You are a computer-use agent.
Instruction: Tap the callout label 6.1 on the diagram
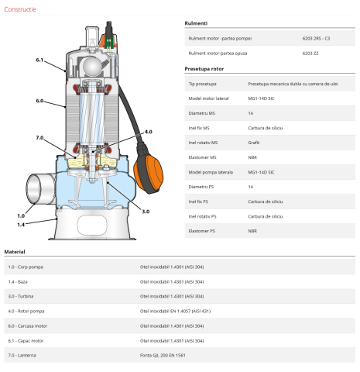tap(40, 60)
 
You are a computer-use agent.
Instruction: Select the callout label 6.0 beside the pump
tap(40, 101)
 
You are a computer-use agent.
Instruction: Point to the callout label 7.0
tap(40, 137)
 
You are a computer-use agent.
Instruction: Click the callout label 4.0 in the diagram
tap(148, 132)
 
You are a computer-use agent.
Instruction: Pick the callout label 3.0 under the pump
tap(145, 211)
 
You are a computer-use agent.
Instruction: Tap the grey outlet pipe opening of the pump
tap(34, 190)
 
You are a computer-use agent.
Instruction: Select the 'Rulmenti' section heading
tap(196, 22)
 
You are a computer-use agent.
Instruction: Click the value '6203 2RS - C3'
tap(315, 37)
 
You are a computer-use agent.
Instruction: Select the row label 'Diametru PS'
tap(202, 187)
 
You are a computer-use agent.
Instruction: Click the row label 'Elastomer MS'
tap(203, 157)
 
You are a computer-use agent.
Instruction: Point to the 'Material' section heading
tap(15, 252)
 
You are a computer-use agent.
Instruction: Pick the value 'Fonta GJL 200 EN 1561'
tap(163, 355)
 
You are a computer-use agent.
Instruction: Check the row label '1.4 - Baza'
tap(19, 281)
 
